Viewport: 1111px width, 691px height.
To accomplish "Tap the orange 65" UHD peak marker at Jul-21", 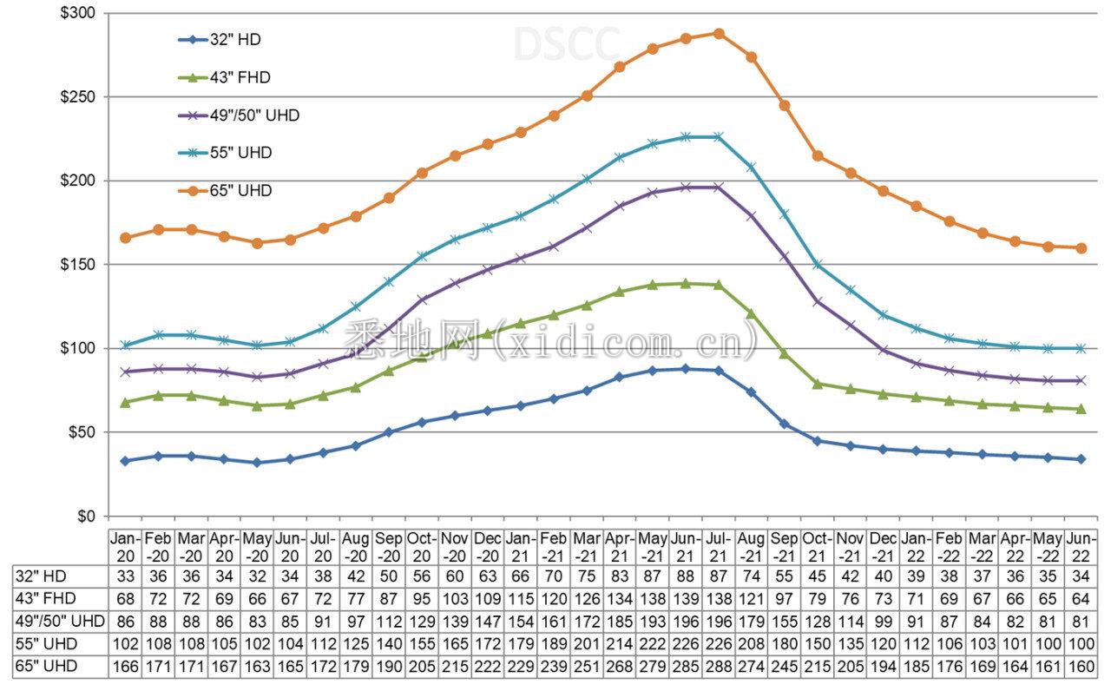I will (719, 34).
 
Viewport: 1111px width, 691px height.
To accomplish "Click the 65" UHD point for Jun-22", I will (1081, 248).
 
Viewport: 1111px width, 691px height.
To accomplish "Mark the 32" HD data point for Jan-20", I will (125, 461).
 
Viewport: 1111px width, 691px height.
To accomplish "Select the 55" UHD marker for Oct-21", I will (818, 265).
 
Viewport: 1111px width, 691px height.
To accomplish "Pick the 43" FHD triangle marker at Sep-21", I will (785, 353).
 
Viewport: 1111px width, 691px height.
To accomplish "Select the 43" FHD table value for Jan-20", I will (125, 598).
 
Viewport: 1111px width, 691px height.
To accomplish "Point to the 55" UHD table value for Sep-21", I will (785, 644).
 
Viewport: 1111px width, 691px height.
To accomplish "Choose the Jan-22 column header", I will (917, 547).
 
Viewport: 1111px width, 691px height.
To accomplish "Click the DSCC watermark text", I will (567, 44).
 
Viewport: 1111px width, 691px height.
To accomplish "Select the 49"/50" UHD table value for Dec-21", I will (884, 621).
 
